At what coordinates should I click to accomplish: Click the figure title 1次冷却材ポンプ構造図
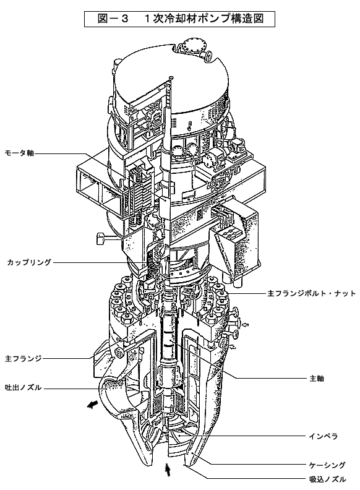pyautogui.click(x=204, y=19)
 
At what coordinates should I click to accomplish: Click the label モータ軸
pyautogui.click(x=19, y=153)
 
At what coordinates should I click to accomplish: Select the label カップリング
pyautogui.click(x=28, y=262)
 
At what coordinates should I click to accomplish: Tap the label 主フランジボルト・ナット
pyautogui.click(x=311, y=293)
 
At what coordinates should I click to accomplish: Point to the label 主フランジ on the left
pyautogui.click(x=23, y=358)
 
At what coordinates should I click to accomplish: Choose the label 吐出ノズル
pyautogui.click(x=23, y=388)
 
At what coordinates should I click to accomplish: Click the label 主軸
pyautogui.click(x=317, y=379)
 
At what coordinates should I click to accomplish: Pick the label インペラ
pyautogui.click(x=324, y=436)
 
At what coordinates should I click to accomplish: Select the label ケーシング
pyautogui.click(x=327, y=465)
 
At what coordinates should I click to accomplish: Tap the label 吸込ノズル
pyautogui.click(x=327, y=479)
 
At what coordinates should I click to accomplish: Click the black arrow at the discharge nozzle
pyautogui.click(x=92, y=405)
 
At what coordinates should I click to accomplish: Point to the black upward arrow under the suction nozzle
pyautogui.click(x=168, y=470)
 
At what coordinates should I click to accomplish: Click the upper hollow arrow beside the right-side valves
pyautogui.click(x=246, y=325)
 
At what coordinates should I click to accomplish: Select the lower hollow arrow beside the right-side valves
pyautogui.click(x=233, y=346)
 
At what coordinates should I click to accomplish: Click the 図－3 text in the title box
pyautogui.click(x=113, y=19)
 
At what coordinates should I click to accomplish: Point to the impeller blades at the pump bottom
pyautogui.click(x=179, y=437)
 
